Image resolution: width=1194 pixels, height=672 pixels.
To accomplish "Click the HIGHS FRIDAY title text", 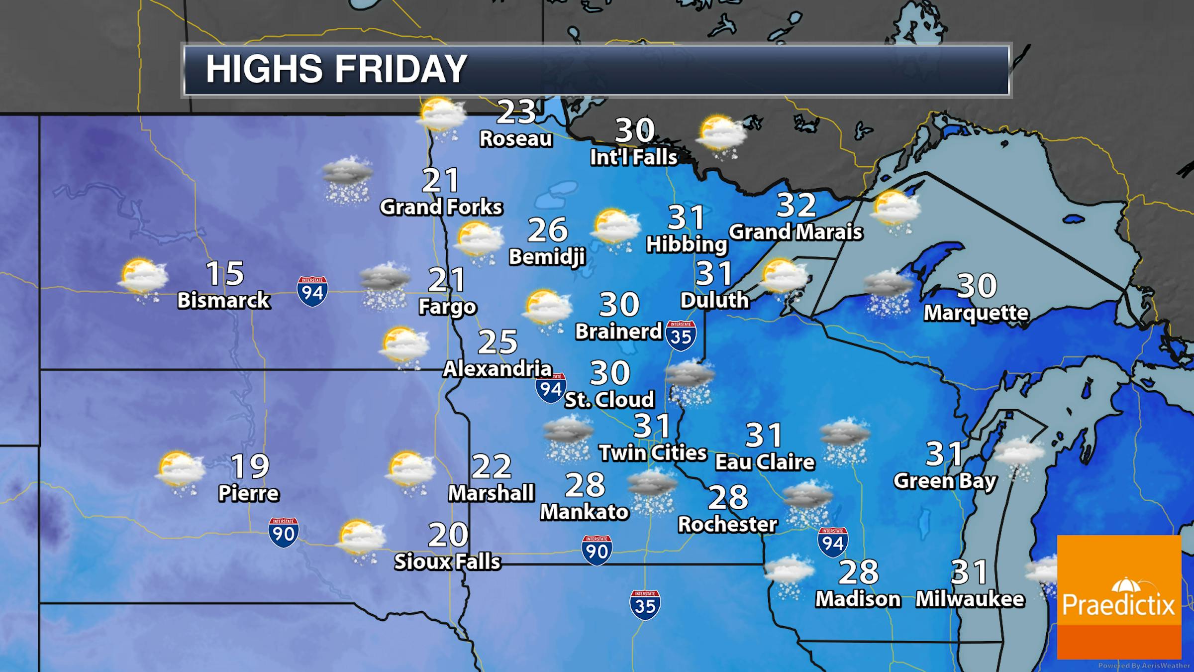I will (x=336, y=69).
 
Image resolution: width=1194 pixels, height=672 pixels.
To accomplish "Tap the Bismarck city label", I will (x=224, y=300).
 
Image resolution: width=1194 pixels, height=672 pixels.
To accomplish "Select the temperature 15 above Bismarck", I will (x=225, y=273).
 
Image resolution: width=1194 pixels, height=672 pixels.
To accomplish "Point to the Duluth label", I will (x=714, y=300).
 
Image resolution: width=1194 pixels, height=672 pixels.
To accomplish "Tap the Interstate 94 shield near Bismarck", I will (x=312, y=291).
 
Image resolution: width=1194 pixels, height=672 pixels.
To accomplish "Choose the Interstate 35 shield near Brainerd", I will (x=681, y=336).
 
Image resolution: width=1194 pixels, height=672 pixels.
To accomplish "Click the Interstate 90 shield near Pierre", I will (x=284, y=533).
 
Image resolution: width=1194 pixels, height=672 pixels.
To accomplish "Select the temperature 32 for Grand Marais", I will (x=796, y=205).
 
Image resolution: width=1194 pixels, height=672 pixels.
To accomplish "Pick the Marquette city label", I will (x=976, y=313).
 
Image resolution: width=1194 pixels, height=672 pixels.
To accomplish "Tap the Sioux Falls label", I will (x=447, y=561).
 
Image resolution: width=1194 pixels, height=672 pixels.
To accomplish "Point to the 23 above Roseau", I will (x=516, y=112).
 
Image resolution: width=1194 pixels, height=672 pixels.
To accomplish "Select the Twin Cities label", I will (x=653, y=452).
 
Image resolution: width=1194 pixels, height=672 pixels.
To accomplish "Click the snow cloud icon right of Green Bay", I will (x=1019, y=457).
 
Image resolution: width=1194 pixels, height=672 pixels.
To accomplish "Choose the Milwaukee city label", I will (x=970, y=599).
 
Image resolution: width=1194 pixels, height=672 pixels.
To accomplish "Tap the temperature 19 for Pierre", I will (x=250, y=466).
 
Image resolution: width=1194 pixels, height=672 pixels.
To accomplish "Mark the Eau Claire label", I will (x=765, y=462).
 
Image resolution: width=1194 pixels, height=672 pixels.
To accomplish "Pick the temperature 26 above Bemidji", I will (x=548, y=229).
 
